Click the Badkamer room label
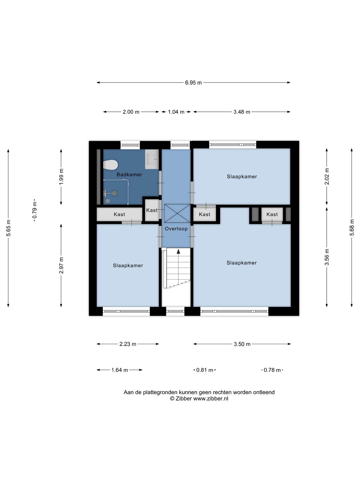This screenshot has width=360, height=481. click(129, 175)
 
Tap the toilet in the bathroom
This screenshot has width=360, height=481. click(110, 165)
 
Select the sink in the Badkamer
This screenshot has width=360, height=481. click(152, 159)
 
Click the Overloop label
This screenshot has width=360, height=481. click(176, 229)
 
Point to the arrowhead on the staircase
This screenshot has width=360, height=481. click(178, 251)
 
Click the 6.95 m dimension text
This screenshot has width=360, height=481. click(193, 83)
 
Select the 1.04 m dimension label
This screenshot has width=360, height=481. click(176, 112)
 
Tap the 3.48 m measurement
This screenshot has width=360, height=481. click(242, 112)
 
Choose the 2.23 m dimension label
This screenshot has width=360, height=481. click(128, 344)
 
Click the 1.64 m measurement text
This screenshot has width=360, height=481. click(120, 370)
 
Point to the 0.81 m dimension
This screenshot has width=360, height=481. click(205, 370)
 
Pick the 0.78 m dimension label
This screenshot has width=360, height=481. click(272, 370)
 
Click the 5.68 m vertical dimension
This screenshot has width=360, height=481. click(352, 227)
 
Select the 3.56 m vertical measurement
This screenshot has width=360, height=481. click(327, 257)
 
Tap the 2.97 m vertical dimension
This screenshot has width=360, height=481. click(61, 265)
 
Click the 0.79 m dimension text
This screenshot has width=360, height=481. click(35, 210)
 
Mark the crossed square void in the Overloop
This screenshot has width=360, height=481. click(177, 213)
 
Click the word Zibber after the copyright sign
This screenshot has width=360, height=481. click(184, 398)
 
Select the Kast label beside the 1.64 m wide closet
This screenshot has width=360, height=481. click(119, 214)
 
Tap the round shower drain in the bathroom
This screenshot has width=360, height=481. click(108, 201)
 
